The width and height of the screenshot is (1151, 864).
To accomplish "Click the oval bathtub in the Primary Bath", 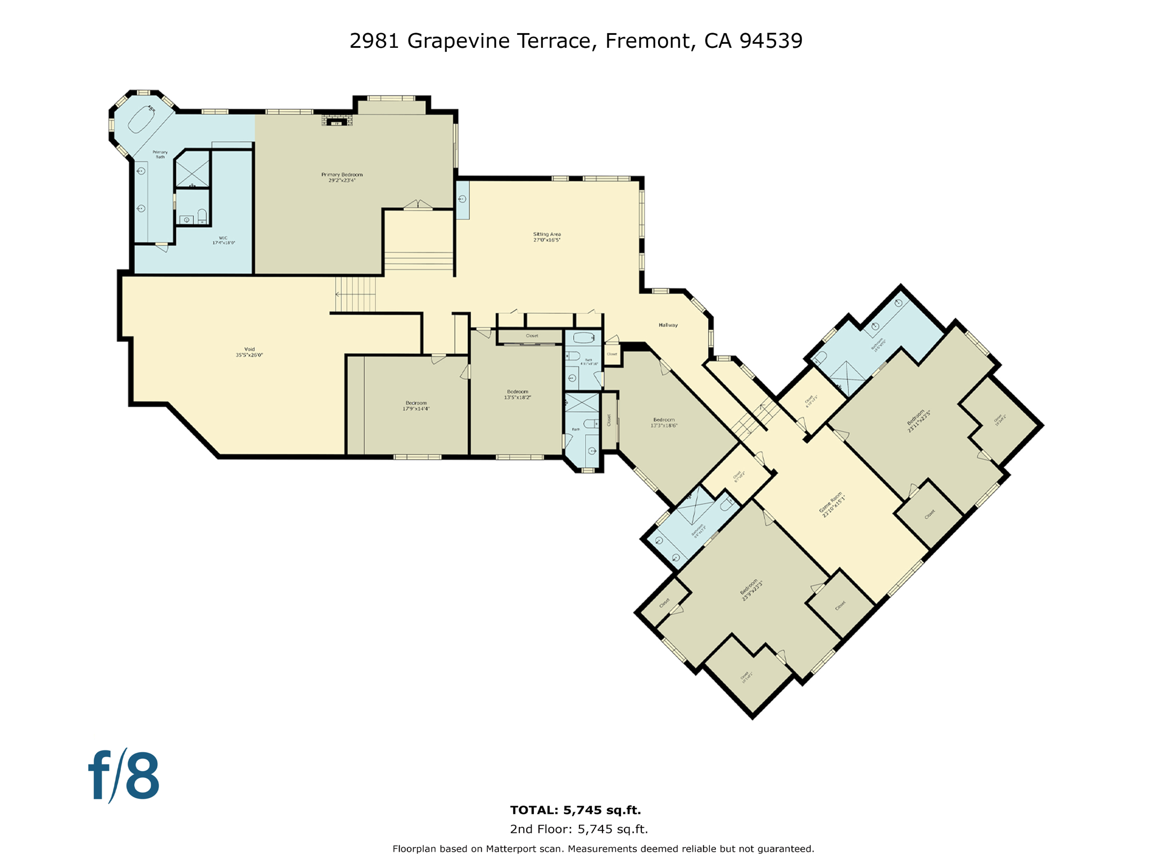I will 142,119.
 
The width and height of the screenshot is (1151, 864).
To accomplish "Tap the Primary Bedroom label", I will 342,177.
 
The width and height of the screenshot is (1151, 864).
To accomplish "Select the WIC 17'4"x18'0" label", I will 223,240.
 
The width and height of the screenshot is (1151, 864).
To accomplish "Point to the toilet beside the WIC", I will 202,215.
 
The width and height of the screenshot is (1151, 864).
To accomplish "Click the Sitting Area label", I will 547,237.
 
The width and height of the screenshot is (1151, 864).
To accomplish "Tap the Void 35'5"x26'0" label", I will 249,352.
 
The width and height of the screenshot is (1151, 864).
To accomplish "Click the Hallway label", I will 668,325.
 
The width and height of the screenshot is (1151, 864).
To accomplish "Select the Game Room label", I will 832,505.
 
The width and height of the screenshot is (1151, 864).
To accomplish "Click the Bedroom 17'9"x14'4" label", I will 416,406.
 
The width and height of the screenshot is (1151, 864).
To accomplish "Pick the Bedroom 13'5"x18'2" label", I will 518,394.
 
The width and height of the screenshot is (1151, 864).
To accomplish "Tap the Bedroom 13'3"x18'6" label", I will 664,422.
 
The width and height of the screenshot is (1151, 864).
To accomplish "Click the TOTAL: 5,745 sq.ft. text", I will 575,810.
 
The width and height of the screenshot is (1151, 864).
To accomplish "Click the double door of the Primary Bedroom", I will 418,205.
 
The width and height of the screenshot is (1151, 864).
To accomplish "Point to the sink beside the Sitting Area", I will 462,199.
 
